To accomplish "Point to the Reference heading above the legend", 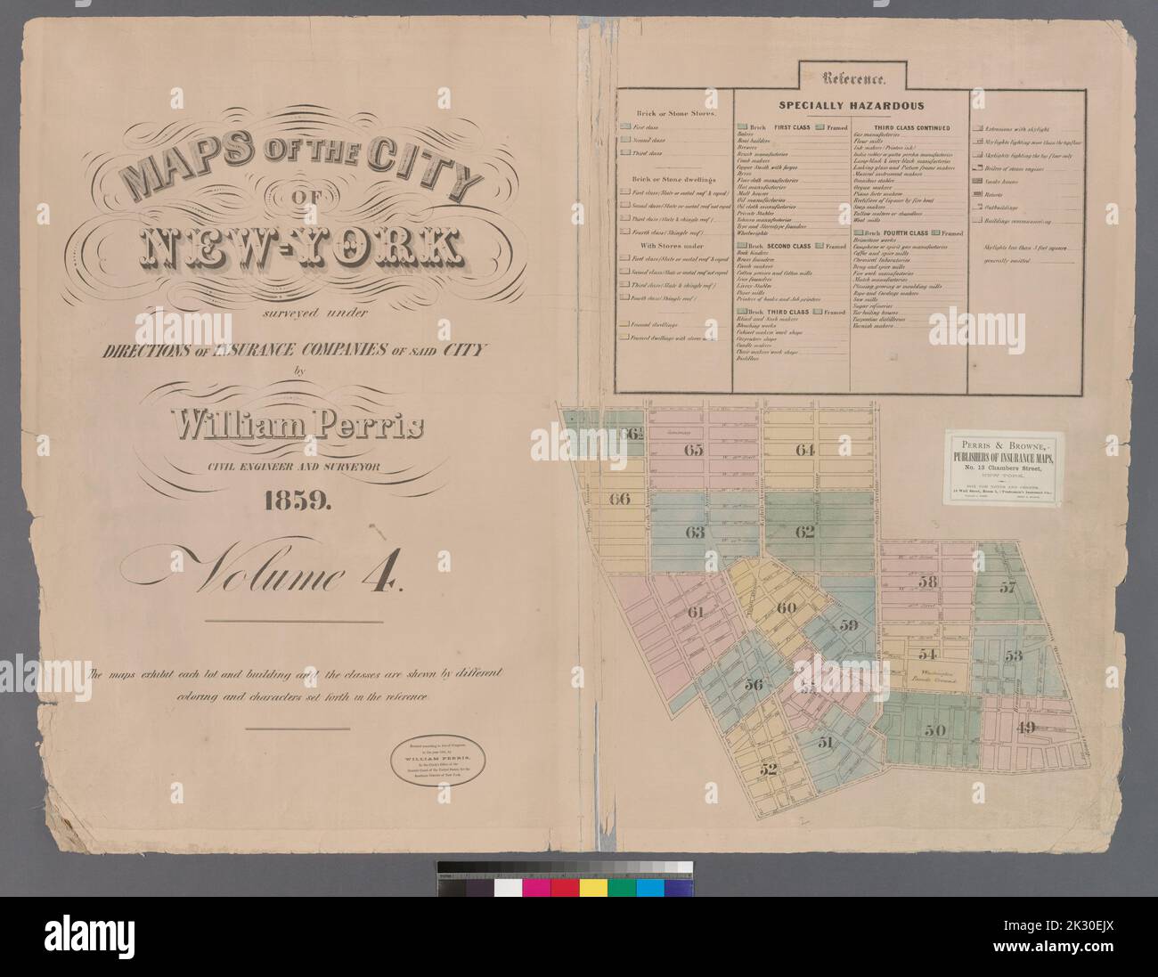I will [853, 78].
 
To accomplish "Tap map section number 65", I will [693, 450].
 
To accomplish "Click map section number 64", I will [805, 450].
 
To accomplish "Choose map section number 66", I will [619, 499].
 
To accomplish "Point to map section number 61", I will [696, 611].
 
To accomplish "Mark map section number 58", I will [928, 582].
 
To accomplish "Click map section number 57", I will [1007, 587].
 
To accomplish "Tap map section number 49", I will [1025, 726].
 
